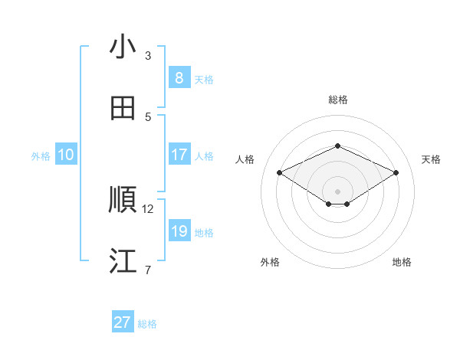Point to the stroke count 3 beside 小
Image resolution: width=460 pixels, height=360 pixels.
[x=148, y=56]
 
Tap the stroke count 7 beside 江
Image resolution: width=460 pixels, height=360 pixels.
[x=148, y=270]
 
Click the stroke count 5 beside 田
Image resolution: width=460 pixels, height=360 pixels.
[x=148, y=116]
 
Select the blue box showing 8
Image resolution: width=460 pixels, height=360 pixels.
[x=179, y=77]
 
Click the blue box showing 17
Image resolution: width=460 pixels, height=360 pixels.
[x=179, y=154]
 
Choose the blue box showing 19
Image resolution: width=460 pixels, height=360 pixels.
[x=179, y=231]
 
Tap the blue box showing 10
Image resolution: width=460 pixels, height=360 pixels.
[x=66, y=154]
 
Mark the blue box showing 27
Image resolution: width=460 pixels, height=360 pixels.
[x=123, y=322]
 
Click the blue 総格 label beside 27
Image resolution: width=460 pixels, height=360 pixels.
[x=147, y=324]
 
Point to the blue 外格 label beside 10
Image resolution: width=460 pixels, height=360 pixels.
[x=41, y=155]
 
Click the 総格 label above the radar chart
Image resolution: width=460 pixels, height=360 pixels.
[x=337, y=100]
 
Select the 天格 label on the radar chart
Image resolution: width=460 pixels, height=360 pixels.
[x=431, y=159]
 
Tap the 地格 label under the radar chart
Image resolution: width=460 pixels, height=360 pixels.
[x=402, y=262]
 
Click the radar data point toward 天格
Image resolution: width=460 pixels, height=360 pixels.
[x=396, y=173]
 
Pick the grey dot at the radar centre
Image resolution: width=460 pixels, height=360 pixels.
[x=337, y=191]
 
